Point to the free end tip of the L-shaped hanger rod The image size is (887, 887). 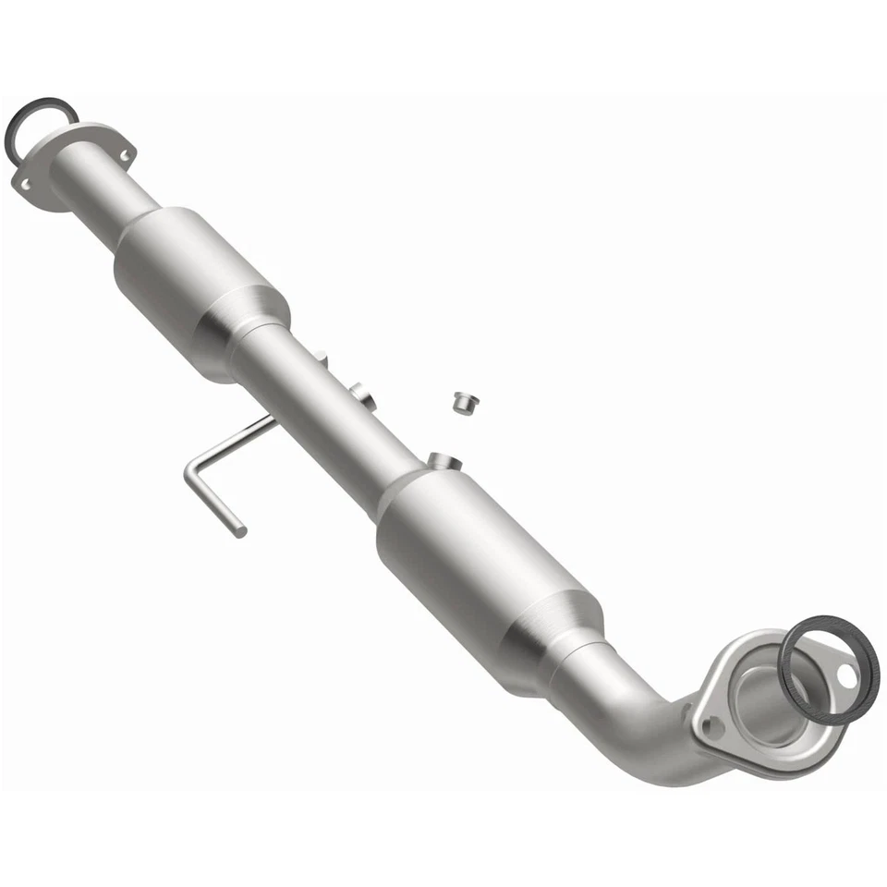[240, 531]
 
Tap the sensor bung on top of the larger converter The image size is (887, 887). [442, 459]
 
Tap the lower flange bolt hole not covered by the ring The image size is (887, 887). [712, 727]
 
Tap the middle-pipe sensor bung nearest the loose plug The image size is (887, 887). [362, 395]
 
